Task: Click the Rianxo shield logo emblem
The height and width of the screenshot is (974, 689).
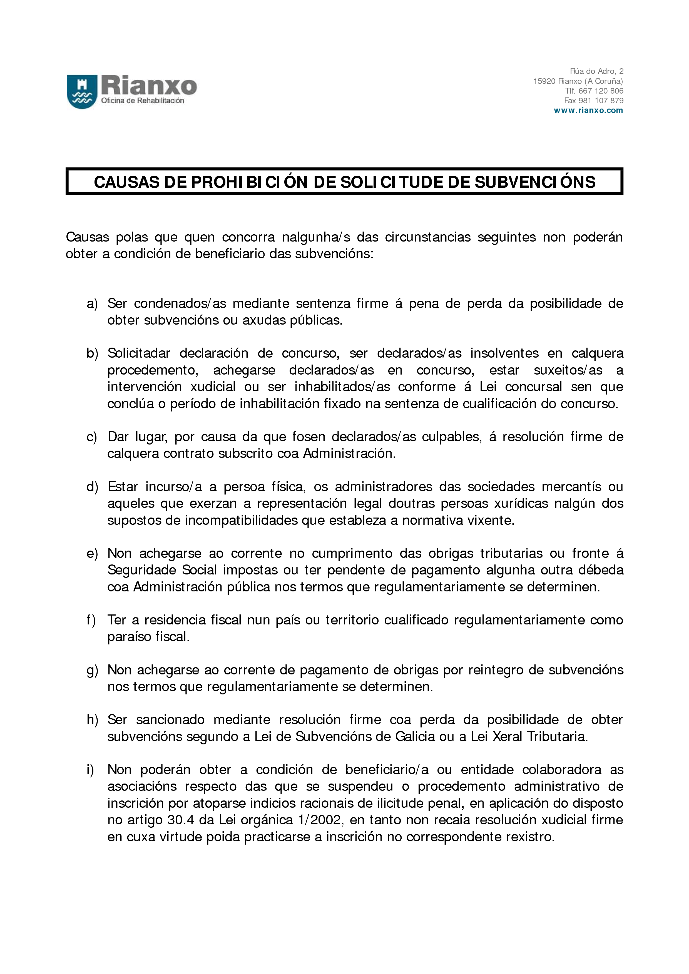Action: pos(82,92)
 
